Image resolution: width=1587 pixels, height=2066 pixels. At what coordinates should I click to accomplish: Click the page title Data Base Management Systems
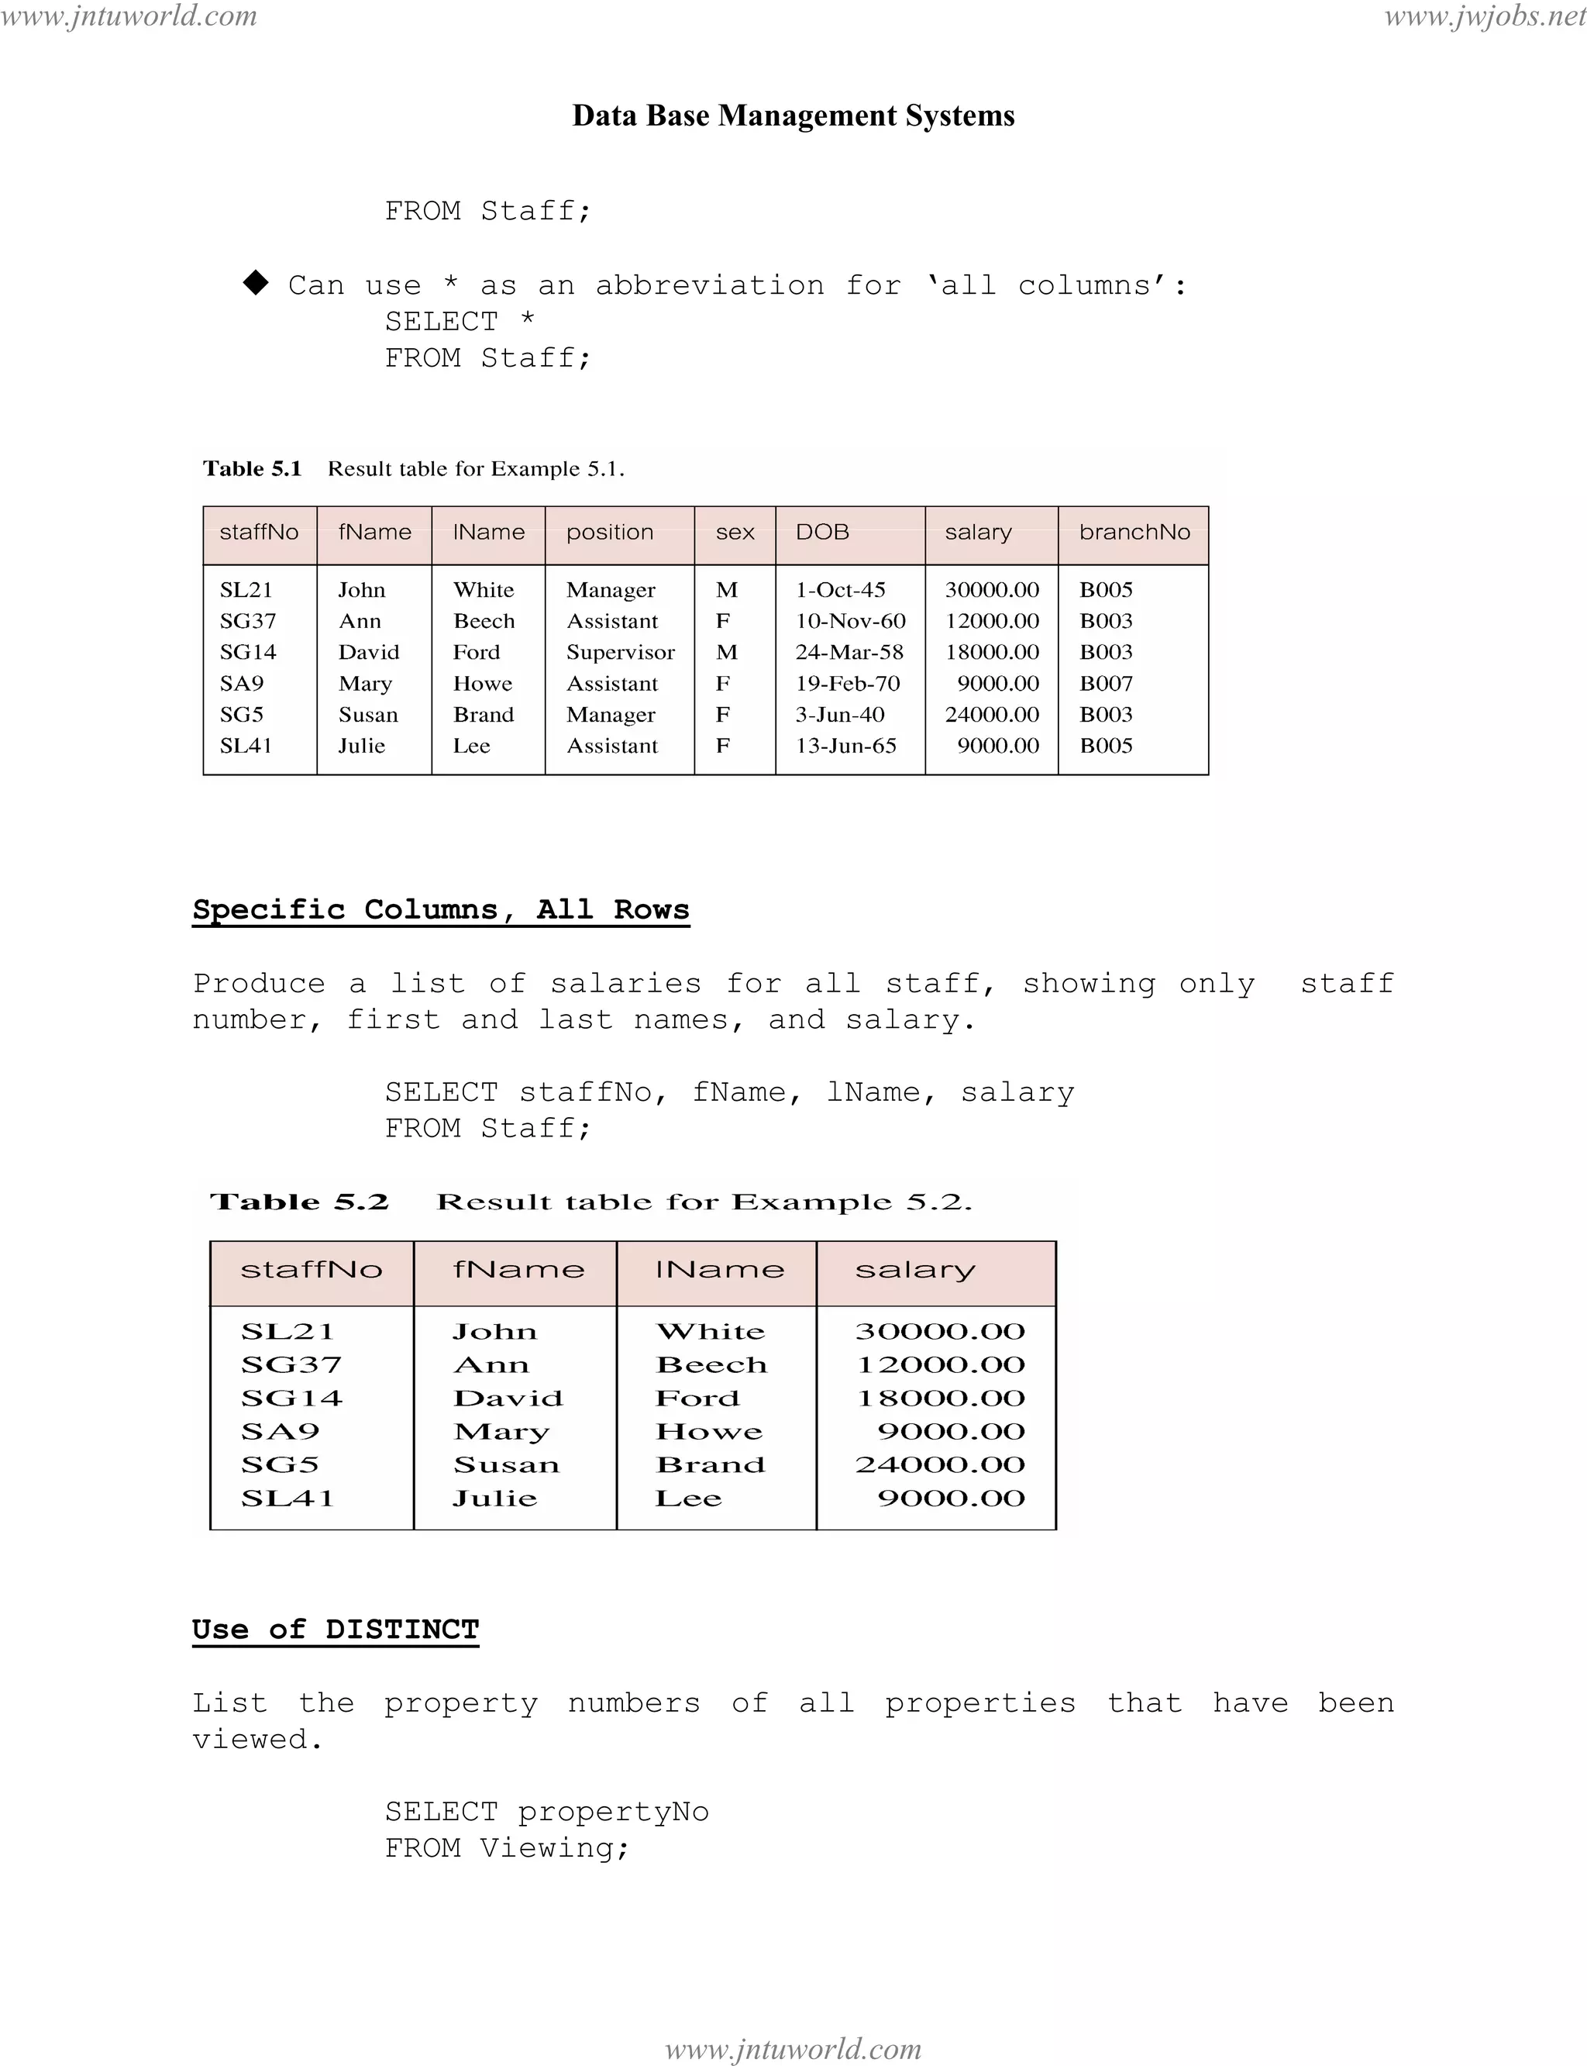tap(793, 116)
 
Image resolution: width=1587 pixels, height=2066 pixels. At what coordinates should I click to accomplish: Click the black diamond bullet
tap(255, 283)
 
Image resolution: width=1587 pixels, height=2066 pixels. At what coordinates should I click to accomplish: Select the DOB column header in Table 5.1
tap(822, 532)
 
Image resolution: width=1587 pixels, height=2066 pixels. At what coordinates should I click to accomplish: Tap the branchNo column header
tap(1134, 532)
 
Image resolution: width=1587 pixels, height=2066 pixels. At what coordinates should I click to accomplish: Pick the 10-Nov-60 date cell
tap(849, 621)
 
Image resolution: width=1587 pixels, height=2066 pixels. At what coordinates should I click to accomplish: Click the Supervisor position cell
tap(620, 652)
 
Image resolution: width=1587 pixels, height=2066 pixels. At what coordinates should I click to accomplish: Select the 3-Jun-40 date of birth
tap(839, 715)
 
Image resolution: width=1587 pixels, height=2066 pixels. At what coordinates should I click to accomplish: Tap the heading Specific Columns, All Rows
tap(440, 909)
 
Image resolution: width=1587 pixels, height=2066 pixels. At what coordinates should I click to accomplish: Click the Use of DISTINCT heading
tap(336, 1630)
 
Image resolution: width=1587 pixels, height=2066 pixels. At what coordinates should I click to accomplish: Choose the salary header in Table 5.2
tap(914, 1270)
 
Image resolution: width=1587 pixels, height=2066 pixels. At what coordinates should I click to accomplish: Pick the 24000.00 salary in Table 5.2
tap(939, 1465)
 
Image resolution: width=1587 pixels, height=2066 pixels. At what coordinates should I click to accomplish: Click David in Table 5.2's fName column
tap(508, 1399)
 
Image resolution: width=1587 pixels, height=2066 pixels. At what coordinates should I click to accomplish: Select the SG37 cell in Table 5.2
tap(290, 1364)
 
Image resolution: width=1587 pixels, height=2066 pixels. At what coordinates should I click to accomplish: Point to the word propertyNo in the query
tap(613, 1812)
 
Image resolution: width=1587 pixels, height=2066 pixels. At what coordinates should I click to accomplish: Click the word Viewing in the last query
tap(553, 1847)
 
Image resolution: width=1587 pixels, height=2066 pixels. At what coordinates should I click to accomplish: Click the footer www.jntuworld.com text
tap(793, 2049)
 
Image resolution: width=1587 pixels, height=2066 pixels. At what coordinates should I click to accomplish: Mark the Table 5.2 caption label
tap(299, 1202)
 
